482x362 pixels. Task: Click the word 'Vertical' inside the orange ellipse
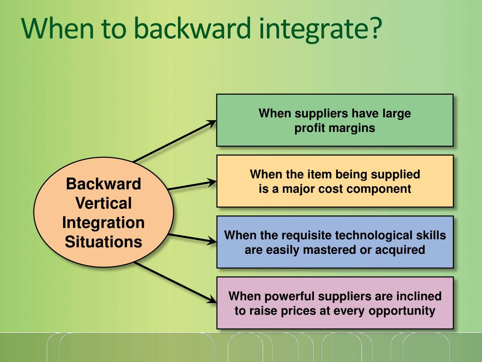pos(104,203)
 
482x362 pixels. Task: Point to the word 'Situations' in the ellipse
pos(104,242)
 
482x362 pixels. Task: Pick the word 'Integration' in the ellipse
pos(104,222)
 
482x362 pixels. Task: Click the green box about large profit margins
pos(335,120)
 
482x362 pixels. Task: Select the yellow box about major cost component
pos(335,181)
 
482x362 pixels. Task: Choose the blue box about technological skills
pos(335,242)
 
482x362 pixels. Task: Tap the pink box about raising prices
pos(335,303)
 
